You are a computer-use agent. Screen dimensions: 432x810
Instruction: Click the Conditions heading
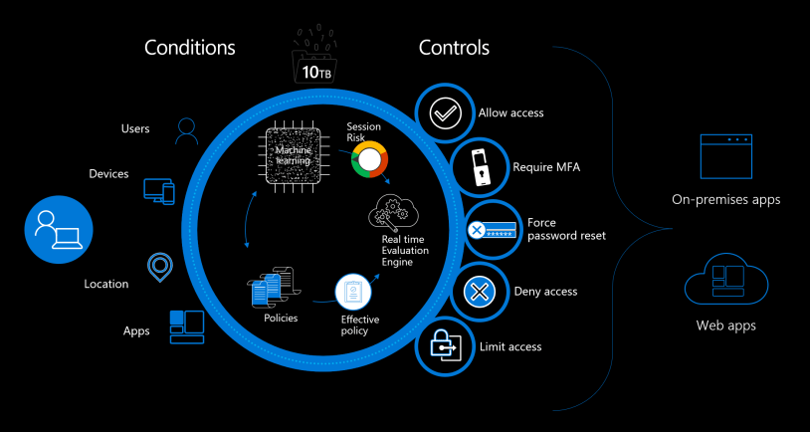(x=190, y=47)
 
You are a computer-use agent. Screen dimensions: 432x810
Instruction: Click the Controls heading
(x=454, y=47)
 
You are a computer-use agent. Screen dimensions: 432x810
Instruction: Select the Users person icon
(x=186, y=128)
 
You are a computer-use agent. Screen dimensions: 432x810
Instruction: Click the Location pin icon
(x=157, y=265)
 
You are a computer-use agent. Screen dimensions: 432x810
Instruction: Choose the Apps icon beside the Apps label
(x=187, y=323)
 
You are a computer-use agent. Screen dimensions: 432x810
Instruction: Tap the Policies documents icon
(x=270, y=289)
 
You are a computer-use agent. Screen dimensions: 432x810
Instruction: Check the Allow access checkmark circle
(x=443, y=112)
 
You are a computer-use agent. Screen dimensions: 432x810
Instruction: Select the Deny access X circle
(x=480, y=292)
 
